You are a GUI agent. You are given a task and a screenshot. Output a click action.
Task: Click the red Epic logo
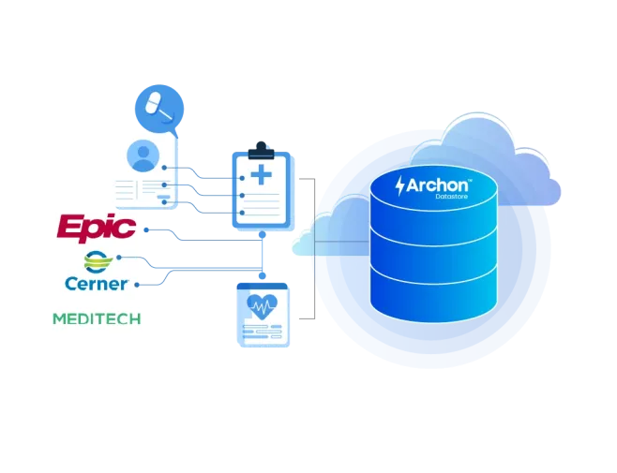(97, 228)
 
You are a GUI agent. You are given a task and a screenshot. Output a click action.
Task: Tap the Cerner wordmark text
(97, 284)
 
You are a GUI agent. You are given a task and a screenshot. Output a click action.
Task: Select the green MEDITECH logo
(97, 318)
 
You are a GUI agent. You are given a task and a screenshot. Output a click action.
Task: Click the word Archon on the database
(437, 185)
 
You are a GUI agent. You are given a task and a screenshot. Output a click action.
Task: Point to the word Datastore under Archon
(452, 196)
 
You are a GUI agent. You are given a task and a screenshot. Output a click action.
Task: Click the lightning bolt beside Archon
(400, 186)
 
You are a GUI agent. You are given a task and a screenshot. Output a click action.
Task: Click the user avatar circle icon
(143, 155)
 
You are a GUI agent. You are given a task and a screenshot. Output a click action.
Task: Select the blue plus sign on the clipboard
(262, 174)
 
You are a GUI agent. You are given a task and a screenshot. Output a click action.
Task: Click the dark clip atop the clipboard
(262, 151)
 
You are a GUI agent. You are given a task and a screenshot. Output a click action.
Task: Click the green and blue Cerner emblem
(98, 262)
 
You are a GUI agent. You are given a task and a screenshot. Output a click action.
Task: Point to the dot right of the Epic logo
(146, 230)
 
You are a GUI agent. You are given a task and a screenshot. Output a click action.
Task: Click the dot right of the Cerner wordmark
(137, 285)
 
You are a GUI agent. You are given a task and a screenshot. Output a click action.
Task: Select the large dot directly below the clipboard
(262, 235)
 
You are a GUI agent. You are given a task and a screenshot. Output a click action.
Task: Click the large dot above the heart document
(262, 275)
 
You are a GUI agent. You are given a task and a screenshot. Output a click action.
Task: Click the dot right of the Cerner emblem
(119, 258)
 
